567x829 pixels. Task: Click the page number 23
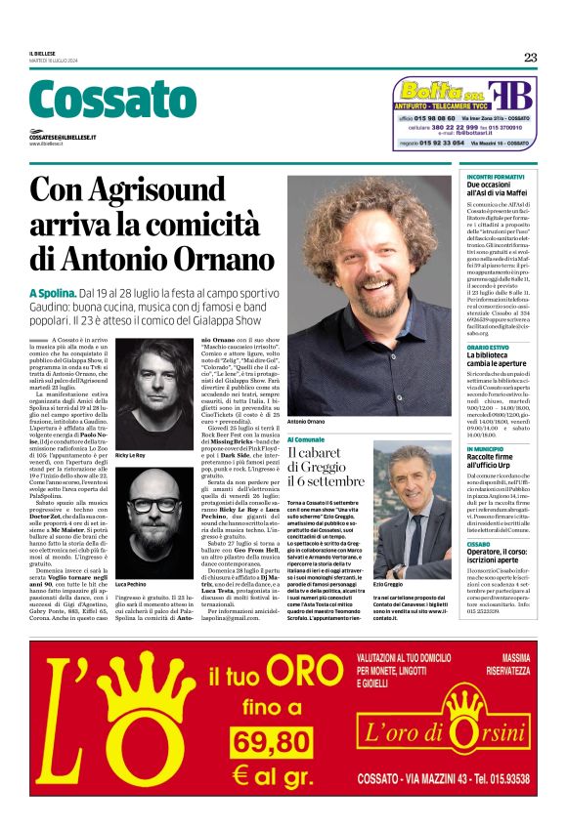click(530, 57)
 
